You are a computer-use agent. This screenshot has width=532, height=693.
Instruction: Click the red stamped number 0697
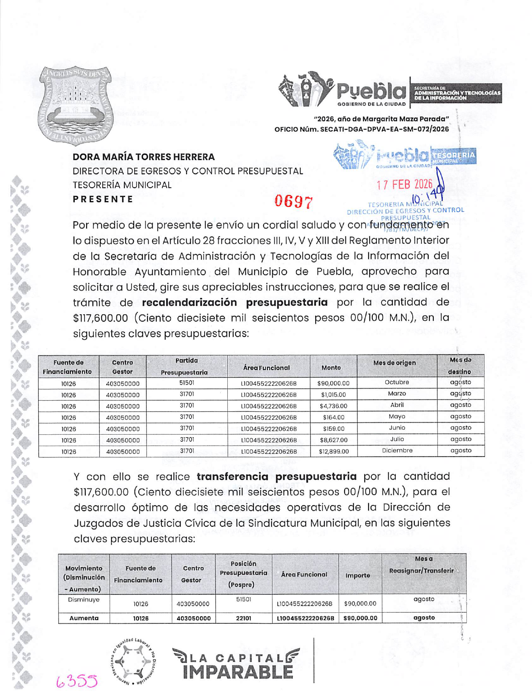click(294, 202)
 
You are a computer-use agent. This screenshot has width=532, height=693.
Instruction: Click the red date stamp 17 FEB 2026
click(404, 184)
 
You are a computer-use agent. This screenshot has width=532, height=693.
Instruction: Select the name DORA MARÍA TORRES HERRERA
click(144, 157)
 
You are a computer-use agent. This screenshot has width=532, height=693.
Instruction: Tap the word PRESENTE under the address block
click(103, 199)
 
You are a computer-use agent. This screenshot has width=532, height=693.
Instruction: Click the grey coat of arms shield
click(76, 105)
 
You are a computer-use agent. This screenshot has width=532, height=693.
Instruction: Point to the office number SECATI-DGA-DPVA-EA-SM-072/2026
click(384, 129)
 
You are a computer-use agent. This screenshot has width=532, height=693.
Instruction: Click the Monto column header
click(331, 367)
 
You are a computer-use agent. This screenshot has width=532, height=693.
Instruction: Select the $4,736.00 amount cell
click(333, 406)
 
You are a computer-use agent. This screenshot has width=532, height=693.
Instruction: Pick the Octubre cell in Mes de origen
click(397, 382)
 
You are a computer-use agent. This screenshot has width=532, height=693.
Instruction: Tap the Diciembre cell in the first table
click(397, 450)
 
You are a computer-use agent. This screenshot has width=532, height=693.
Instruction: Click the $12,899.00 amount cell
click(334, 451)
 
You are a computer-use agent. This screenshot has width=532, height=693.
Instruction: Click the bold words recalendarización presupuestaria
click(234, 302)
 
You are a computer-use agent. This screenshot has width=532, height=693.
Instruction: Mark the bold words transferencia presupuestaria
click(277, 476)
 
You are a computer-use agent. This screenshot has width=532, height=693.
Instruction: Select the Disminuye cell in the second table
click(84, 599)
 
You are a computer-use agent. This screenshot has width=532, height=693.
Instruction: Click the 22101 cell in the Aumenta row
click(243, 618)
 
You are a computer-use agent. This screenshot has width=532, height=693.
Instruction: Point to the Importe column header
click(358, 575)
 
